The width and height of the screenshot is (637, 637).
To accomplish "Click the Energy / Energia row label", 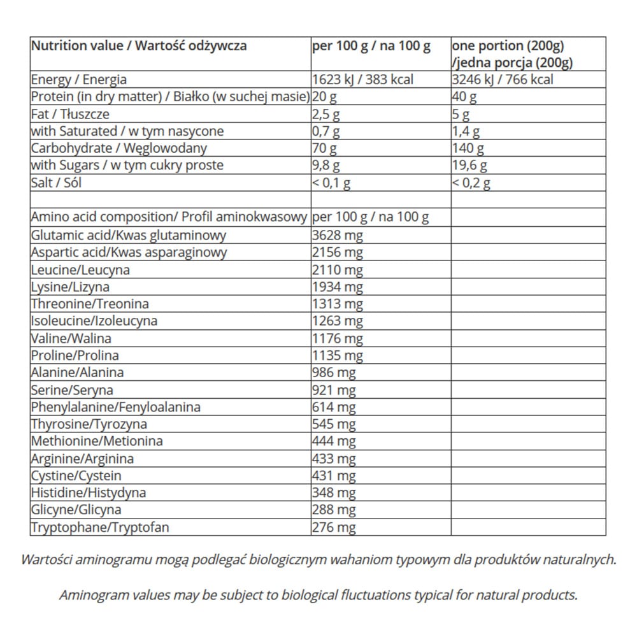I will coord(79,80).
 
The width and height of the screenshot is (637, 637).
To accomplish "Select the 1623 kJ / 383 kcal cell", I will coord(362,80).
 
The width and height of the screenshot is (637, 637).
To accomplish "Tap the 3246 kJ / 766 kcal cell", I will coord(503,80).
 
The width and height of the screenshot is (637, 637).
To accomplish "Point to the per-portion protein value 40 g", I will coord(464,97).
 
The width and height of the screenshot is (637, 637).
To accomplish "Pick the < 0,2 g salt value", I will coord(471,183).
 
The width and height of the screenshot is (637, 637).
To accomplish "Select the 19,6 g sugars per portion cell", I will coord(469,166).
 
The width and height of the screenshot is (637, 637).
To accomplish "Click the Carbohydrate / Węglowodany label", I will coord(119,149).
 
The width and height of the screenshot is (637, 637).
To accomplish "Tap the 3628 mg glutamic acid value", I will coord(338,236).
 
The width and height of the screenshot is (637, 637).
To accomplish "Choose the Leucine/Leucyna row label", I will coord(80,270).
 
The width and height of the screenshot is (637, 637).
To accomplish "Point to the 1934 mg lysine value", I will coord(338,287).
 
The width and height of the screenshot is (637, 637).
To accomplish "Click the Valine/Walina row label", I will coord(71,339).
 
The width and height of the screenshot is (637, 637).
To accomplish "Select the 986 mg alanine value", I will coord(334,373).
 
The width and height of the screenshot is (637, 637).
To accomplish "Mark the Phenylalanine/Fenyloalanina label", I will coord(116,408).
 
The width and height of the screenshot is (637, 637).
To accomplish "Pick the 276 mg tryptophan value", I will coord(334,527).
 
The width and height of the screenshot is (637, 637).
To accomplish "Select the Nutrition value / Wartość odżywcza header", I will coord(139,46).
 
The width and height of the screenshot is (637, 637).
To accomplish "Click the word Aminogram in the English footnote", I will coord(92,596).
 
